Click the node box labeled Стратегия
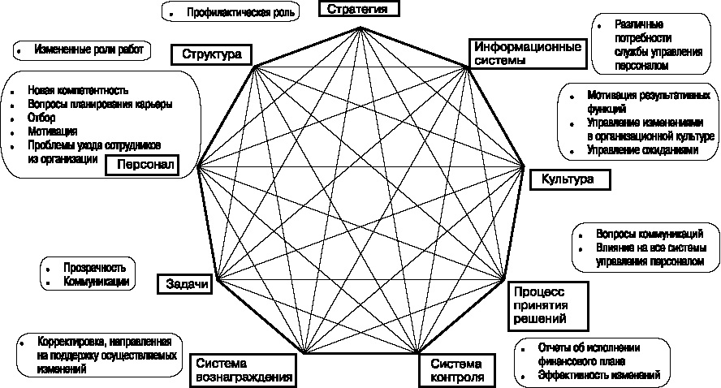point(359,9)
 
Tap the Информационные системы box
point(527,53)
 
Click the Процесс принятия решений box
point(537,304)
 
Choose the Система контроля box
point(457,369)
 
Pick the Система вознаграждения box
point(242,369)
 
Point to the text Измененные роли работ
point(89,50)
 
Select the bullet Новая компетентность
point(78,90)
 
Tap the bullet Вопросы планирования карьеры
point(99,104)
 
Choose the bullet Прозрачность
point(89,268)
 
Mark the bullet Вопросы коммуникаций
point(649,234)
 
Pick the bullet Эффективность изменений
point(599,375)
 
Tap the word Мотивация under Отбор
point(52,131)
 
